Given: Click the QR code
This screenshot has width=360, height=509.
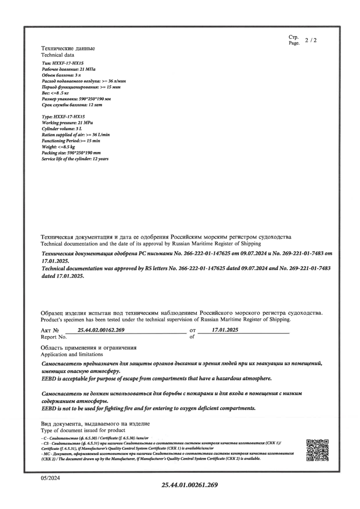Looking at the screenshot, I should (x=317, y=450).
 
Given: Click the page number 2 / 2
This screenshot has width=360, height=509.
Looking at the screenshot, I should (x=311, y=41).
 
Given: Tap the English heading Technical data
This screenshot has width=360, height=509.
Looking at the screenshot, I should (x=57, y=55).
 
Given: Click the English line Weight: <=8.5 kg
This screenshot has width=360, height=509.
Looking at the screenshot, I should (x=59, y=147).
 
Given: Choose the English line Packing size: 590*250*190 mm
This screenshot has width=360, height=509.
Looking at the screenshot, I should (x=72, y=153).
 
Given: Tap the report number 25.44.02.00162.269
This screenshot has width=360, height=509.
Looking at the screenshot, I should (x=101, y=330).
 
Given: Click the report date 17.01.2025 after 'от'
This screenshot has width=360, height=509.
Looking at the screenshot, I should (x=225, y=330).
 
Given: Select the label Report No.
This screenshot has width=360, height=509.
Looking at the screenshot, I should (x=54, y=337).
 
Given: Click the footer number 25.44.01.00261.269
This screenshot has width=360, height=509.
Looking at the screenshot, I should (x=190, y=485).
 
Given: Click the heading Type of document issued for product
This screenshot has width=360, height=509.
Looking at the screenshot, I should (x=83, y=430).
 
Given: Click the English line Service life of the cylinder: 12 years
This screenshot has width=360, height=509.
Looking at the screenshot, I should (x=75, y=159).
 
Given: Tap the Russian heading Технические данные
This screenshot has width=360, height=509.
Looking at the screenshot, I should (x=68, y=49).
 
